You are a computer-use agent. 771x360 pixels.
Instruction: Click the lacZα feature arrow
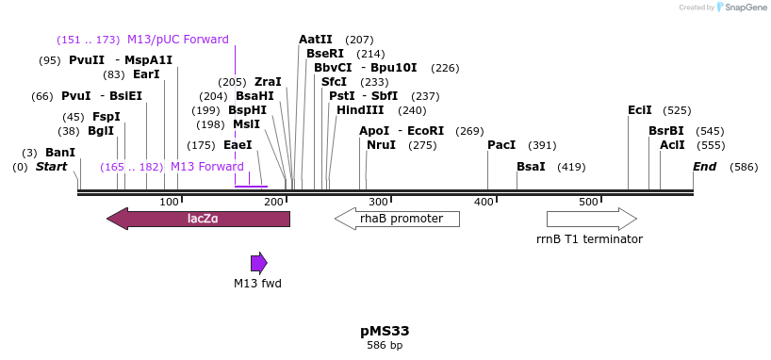pyautogui.click(x=199, y=219)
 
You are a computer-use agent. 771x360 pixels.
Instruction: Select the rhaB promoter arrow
pyautogui.click(x=397, y=219)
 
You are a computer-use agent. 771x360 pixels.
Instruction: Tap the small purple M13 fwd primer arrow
pyautogui.click(x=258, y=263)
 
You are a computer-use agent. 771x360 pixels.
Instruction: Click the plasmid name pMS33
pyautogui.click(x=385, y=331)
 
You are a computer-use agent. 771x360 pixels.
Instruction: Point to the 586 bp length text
pyautogui.click(x=385, y=346)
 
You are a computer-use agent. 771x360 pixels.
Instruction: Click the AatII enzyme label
pyautogui.click(x=315, y=40)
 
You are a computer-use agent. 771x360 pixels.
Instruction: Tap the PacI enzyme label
pyautogui.click(x=501, y=145)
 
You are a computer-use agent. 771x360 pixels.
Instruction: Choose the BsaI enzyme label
pyautogui.click(x=531, y=167)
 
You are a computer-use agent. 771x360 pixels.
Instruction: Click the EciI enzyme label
pyautogui.click(x=639, y=110)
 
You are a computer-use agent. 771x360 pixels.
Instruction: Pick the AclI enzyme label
pyautogui.click(x=672, y=145)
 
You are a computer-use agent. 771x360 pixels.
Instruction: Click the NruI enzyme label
pyautogui.click(x=381, y=145)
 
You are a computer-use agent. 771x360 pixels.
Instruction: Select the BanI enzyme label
pyautogui.click(x=60, y=153)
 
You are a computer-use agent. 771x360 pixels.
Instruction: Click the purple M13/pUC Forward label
pyautogui.click(x=178, y=40)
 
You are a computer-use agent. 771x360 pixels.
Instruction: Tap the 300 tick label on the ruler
pyautogui.click(x=378, y=202)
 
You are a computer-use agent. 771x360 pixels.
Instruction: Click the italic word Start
pyautogui.click(x=52, y=167)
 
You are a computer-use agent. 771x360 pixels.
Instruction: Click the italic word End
pyautogui.click(x=704, y=167)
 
